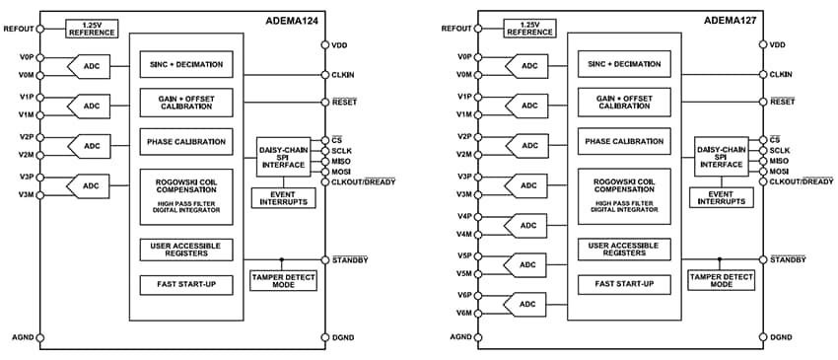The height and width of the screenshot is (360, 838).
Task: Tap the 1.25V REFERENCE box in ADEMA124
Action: coord(91,28)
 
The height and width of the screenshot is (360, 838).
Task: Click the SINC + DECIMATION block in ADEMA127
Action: coord(623,64)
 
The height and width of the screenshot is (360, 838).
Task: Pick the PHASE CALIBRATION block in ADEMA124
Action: coord(186,141)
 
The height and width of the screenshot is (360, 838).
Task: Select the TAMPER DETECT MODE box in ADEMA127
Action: coord(721,280)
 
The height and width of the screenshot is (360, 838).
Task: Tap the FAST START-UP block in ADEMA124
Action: coord(186,285)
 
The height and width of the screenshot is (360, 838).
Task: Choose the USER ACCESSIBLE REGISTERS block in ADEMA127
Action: coord(623,249)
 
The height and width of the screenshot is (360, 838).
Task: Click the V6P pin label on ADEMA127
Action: coord(464,295)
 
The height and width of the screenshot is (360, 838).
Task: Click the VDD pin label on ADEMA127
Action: coord(778,44)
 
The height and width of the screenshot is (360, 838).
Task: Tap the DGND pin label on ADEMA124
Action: coord(341,337)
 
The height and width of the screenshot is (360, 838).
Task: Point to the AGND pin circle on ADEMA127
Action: coord(478,337)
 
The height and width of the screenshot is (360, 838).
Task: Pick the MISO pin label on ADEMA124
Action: coord(342,161)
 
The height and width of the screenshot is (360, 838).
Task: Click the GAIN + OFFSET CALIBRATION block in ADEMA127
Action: coord(623,102)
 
